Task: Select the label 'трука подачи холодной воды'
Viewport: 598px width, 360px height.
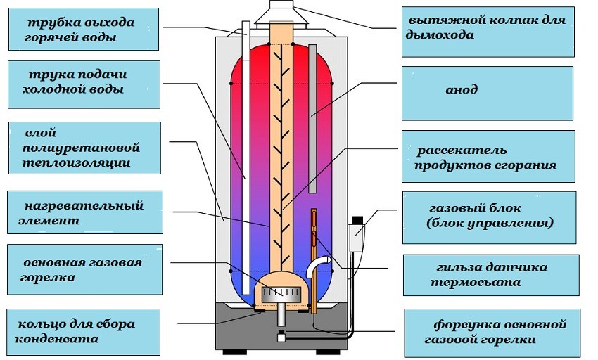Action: coord(82,82)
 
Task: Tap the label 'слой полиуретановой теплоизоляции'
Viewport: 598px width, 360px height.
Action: coord(82,148)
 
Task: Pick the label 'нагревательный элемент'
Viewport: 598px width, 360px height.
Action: coord(84,213)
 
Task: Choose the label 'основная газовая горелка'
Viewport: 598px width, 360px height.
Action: coord(82,269)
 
